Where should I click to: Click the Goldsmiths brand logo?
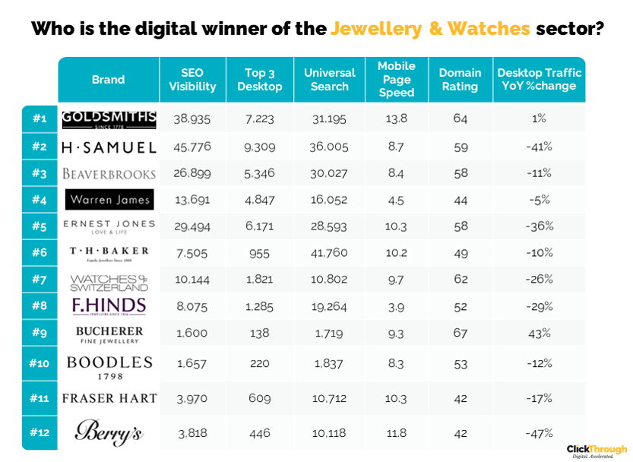[109, 119]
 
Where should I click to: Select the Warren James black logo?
[109, 200]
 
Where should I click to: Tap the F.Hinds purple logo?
[109, 307]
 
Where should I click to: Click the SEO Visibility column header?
[192, 79]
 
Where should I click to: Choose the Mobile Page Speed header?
[397, 79]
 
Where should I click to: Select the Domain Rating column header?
[460, 79]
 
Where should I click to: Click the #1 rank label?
[40, 119]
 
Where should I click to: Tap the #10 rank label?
[40, 363]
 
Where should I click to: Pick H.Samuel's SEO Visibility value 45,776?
[192, 146]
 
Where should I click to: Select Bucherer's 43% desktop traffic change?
[539, 334]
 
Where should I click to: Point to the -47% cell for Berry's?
[539, 432]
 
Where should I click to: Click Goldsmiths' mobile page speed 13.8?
[397, 119]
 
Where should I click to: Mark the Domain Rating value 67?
[461, 334]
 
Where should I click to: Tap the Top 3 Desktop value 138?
[260, 334]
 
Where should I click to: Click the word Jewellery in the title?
[376, 30]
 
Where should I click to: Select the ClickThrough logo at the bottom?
[597, 451]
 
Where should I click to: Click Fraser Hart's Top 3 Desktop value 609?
[260, 398]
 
